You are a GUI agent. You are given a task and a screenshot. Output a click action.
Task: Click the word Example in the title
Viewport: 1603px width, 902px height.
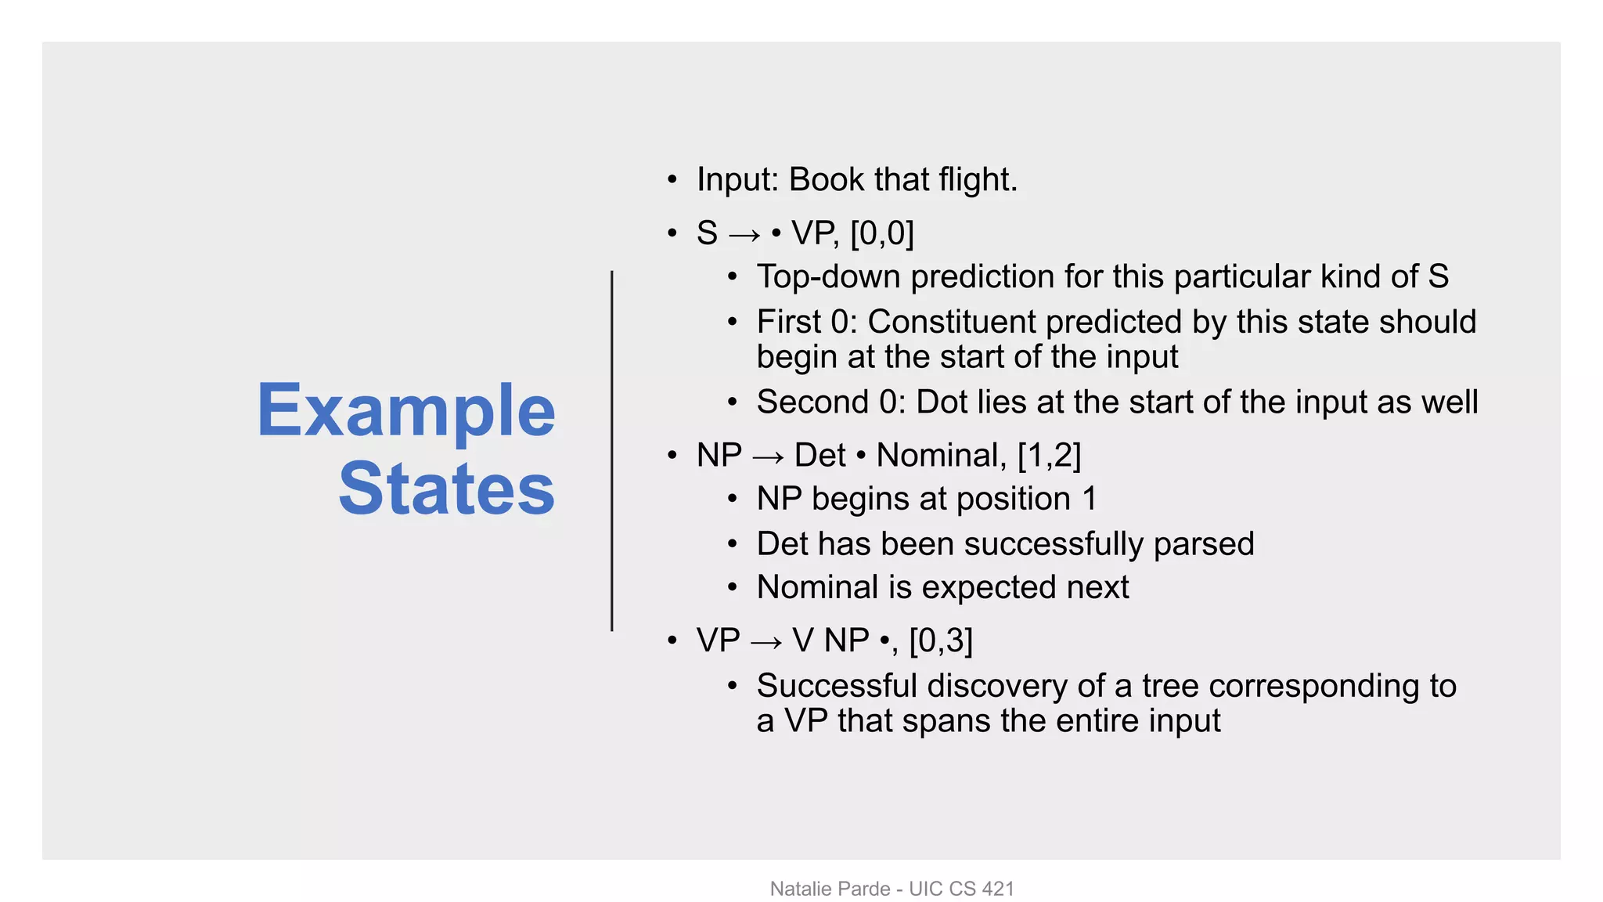[405, 411]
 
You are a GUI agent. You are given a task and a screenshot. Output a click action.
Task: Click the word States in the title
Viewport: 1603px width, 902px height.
[446, 489]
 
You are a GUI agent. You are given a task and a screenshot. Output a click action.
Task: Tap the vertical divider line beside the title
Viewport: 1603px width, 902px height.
[611, 450]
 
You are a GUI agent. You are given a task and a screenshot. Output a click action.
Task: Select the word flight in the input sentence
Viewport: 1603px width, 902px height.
[977, 180]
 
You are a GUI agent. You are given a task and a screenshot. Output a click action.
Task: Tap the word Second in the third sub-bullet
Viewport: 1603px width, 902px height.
[812, 402]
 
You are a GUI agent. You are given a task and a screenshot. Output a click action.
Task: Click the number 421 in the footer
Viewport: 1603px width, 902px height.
[998, 889]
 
